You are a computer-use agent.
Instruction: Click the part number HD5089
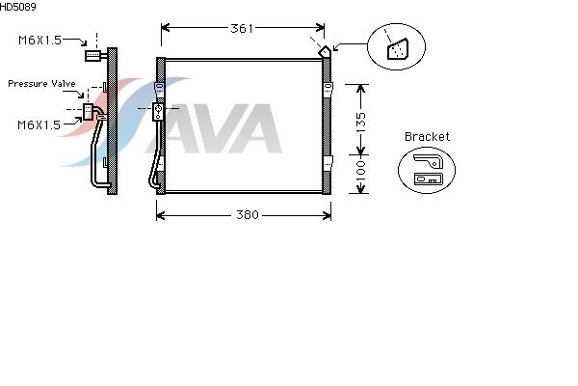[17, 7]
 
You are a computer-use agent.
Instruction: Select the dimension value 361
[242, 28]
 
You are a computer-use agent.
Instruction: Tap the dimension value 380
[248, 215]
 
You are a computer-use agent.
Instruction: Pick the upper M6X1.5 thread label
[39, 41]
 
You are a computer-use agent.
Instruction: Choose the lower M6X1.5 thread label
[39, 124]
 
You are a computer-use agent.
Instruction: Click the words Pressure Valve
[41, 84]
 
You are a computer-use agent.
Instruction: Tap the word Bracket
[427, 137]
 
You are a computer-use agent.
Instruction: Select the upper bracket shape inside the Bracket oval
[428, 161]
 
